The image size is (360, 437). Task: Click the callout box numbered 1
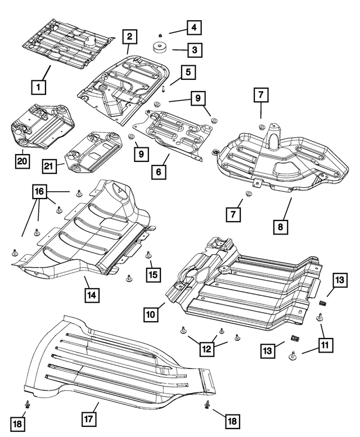click(x=38, y=87)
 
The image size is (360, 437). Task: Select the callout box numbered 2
click(x=129, y=37)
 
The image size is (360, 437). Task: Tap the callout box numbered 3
click(x=195, y=50)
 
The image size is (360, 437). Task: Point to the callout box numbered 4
click(x=194, y=28)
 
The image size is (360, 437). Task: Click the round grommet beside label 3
click(x=160, y=47)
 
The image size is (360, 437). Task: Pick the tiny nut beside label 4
click(x=160, y=35)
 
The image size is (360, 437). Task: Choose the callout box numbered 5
click(x=188, y=73)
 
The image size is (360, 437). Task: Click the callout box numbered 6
click(x=159, y=172)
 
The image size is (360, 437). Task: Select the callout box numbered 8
click(x=280, y=227)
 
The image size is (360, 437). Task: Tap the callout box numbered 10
click(x=151, y=314)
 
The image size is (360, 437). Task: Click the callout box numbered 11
click(x=325, y=345)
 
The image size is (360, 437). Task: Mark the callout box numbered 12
click(x=207, y=349)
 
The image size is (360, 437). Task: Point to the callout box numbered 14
click(x=92, y=295)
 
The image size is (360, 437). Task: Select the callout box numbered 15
click(x=153, y=274)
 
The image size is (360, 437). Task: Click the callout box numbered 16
click(x=39, y=191)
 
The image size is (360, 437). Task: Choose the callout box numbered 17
click(x=89, y=418)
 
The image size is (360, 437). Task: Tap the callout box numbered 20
click(x=22, y=161)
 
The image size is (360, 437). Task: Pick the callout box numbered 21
click(x=49, y=166)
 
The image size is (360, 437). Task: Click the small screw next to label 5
click(x=164, y=89)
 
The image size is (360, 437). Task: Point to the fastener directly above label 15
click(x=148, y=254)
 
